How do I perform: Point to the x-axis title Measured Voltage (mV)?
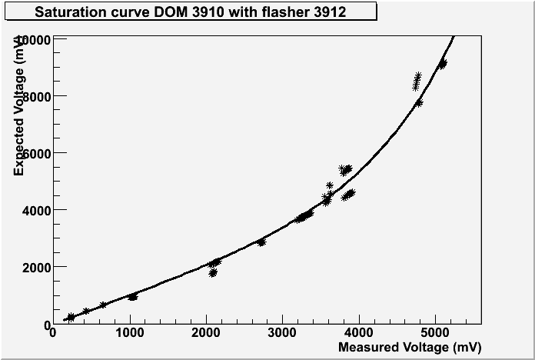(x=410, y=348)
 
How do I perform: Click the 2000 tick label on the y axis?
(x=36, y=267)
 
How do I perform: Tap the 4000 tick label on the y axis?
(x=36, y=210)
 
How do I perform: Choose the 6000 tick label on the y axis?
(x=36, y=153)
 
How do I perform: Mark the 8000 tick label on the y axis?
(x=36, y=96)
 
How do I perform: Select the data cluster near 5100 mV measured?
(x=442, y=64)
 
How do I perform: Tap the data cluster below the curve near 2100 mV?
(x=213, y=272)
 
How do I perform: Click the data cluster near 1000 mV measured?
(x=133, y=296)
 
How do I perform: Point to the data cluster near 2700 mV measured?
(x=261, y=242)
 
